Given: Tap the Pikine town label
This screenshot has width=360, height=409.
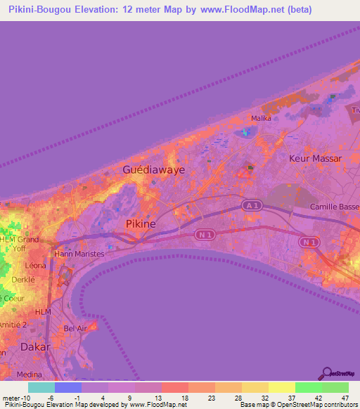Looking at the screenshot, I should click(145, 223).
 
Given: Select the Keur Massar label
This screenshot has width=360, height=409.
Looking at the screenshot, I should click(315, 159).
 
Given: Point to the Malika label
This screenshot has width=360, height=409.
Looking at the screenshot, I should click(262, 118).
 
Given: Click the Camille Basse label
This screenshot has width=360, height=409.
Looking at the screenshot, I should click(335, 207).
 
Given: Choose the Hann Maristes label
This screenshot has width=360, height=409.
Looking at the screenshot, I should click(79, 254).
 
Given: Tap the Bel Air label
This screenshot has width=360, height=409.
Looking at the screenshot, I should click(75, 328).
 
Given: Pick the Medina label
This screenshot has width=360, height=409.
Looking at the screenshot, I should click(28, 375).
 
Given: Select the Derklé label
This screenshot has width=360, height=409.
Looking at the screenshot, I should click(24, 279).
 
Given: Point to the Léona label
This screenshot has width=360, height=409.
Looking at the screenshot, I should click(35, 266).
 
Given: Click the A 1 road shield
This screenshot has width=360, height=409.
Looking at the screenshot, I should click(252, 204).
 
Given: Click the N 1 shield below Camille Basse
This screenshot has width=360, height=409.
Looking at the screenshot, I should click(307, 242).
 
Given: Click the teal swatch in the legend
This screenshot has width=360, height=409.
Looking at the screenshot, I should click(41, 387).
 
